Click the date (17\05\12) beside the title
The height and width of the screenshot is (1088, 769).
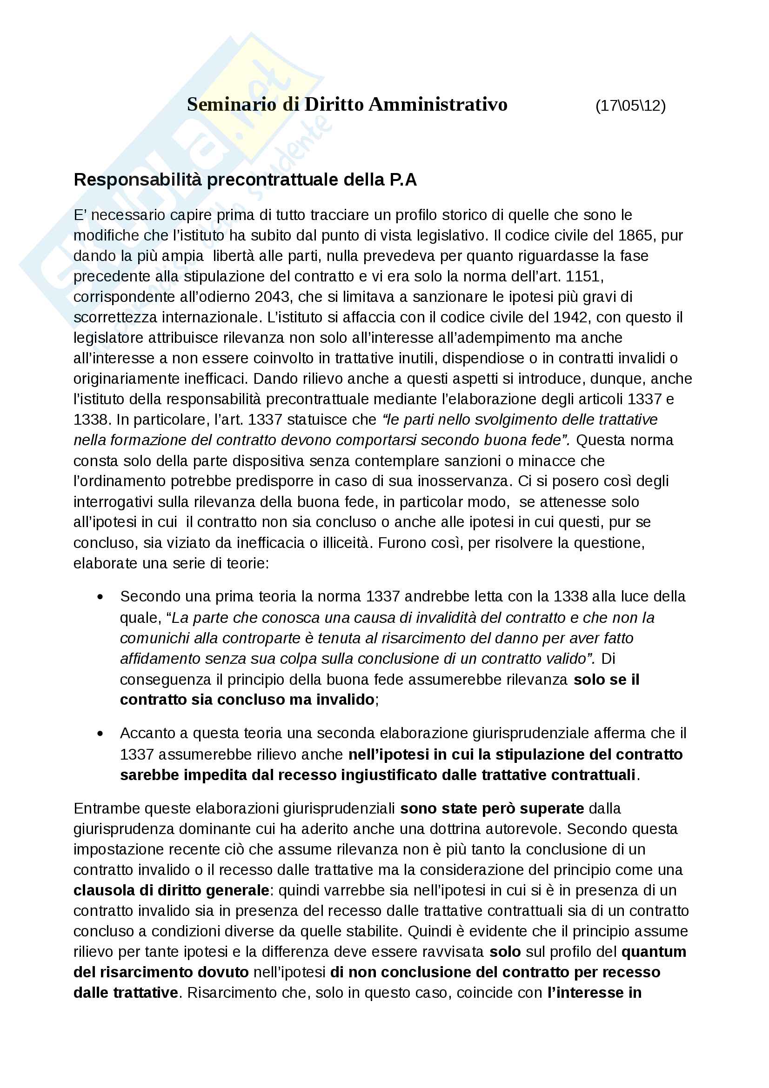(630, 106)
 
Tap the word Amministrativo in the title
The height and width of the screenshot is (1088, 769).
(438, 104)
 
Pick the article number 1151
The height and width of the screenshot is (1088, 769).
(584, 276)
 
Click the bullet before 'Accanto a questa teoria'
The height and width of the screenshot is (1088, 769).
(100, 734)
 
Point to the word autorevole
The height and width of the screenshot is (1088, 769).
(525, 829)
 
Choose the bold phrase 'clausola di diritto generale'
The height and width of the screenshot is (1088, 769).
(172, 890)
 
